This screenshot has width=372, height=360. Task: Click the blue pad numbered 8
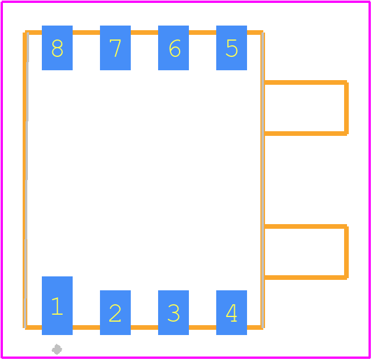click(57, 48)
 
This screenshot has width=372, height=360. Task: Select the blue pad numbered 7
click(115, 48)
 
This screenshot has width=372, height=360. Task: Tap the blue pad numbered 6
click(173, 48)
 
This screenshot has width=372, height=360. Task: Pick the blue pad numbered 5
click(231, 48)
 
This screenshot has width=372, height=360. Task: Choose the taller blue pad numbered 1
click(57, 305)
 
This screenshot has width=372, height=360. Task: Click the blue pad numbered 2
click(115, 312)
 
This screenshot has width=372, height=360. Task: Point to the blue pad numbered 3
click(173, 312)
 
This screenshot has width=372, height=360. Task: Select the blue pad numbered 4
click(231, 312)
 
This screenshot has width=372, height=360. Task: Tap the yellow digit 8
click(57, 48)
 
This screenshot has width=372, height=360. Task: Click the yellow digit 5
click(231, 48)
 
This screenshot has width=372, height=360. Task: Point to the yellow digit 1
click(57, 306)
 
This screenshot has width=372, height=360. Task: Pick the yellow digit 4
click(231, 313)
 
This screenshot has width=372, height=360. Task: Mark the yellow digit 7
click(115, 48)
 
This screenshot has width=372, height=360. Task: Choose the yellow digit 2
click(115, 313)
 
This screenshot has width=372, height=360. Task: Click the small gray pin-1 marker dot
click(57, 350)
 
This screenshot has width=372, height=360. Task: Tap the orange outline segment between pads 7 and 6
click(145, 33)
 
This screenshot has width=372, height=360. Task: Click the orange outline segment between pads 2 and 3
click(145, 327)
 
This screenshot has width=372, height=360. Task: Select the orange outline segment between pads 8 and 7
click(87, 33)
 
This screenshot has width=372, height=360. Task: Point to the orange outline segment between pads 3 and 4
click(203, 327)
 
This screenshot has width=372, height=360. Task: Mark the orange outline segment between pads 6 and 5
click(203, 33)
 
